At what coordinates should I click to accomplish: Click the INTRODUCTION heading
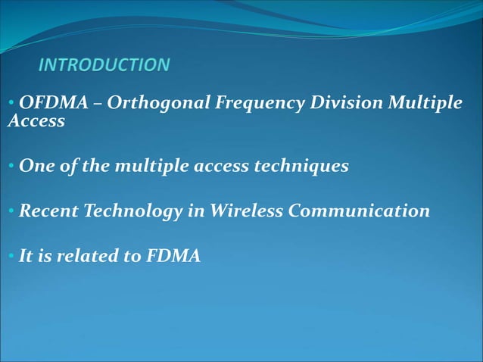coord(104,65)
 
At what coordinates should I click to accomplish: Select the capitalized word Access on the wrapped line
coord(36,121)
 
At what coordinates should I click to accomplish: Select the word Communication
coord(359,211)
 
